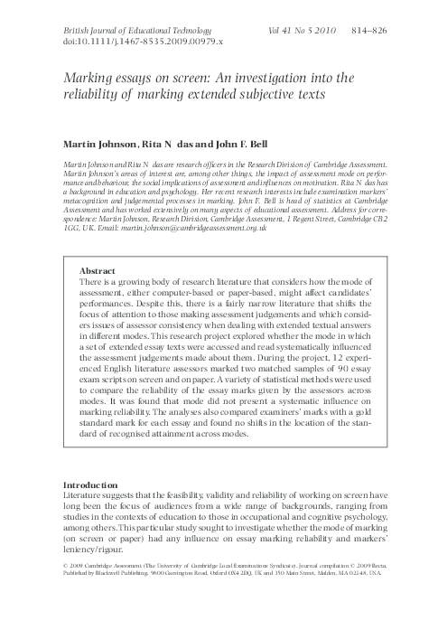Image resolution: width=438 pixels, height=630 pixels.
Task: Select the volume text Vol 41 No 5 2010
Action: pyautogui.click(x=302, y=31)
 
